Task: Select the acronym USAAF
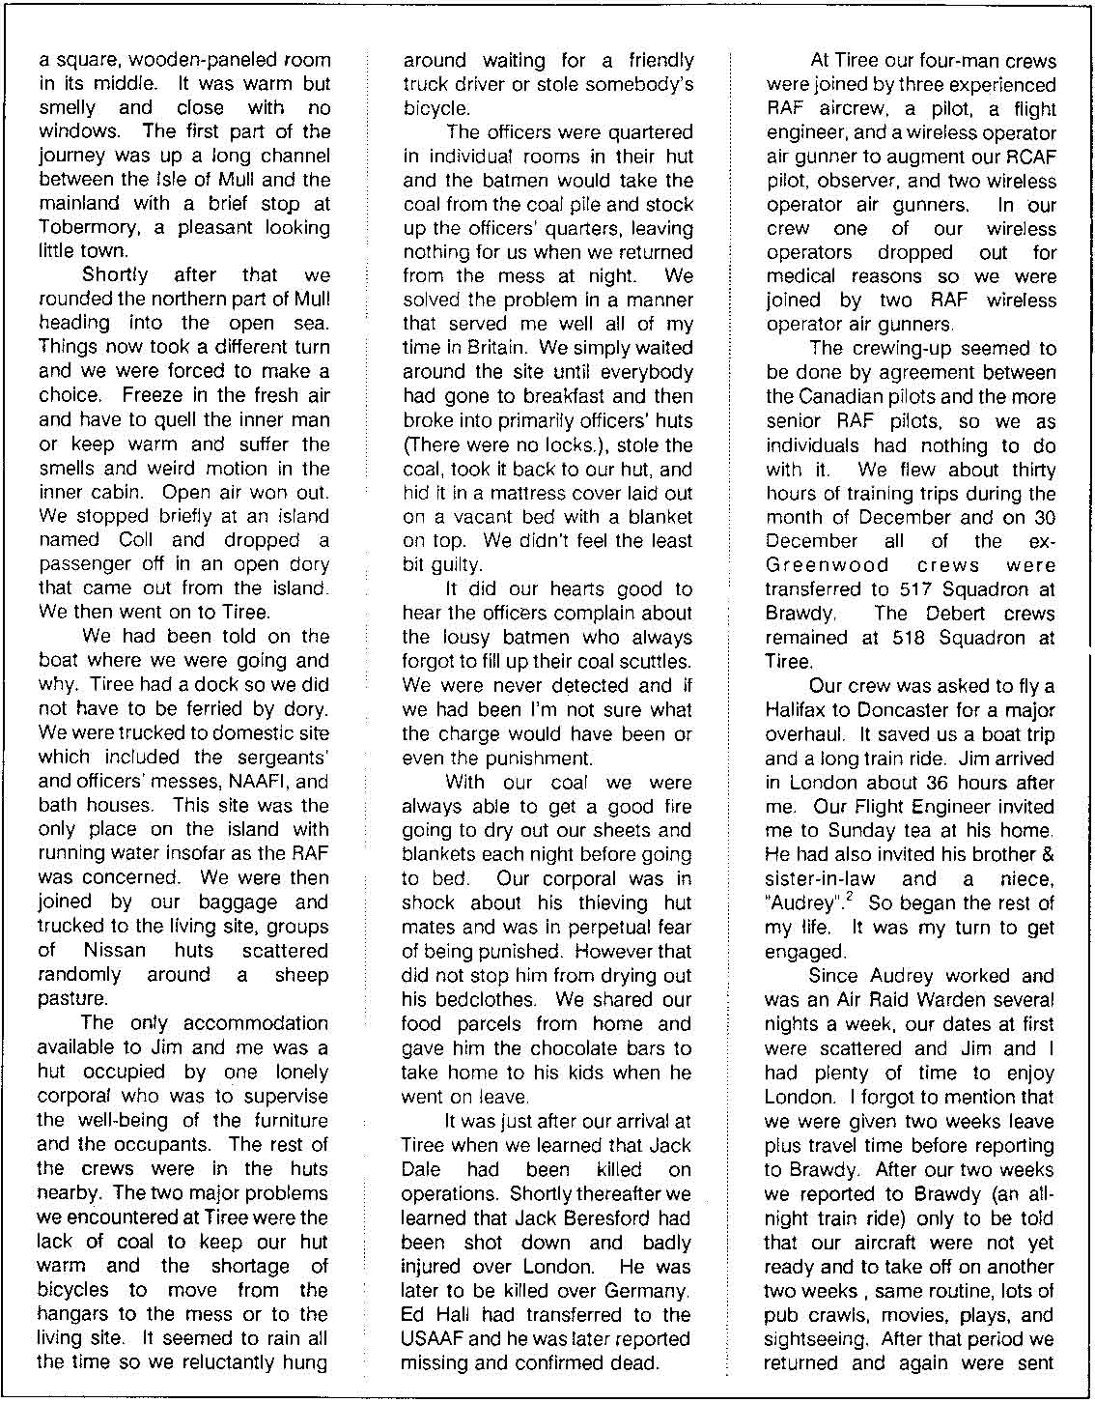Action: (x=436, y=1338)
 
